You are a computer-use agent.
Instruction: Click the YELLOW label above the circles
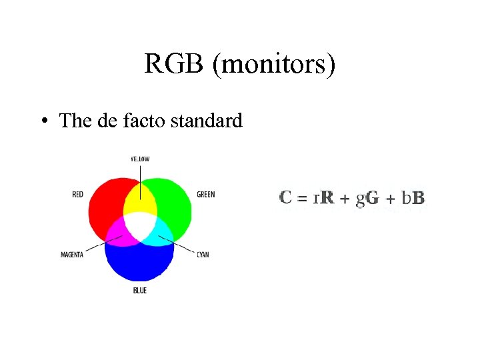coord(139,159)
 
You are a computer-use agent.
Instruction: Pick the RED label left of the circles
coord(78,195)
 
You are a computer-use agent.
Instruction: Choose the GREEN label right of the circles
coord(206,195)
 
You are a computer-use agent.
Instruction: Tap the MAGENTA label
coord(72,255)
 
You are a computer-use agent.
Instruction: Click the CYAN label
coord(203,255)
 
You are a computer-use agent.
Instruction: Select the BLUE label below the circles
coord(139,291)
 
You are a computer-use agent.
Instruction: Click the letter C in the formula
coord(286,197)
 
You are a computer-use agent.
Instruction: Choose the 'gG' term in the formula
coord(367,198)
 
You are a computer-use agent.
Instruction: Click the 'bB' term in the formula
coord(413,198)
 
